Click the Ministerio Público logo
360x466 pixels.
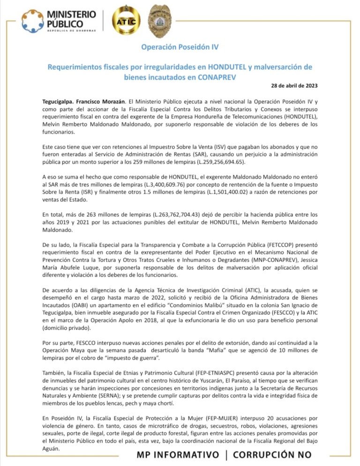(59, 21)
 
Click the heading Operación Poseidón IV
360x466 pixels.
(180, 47)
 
